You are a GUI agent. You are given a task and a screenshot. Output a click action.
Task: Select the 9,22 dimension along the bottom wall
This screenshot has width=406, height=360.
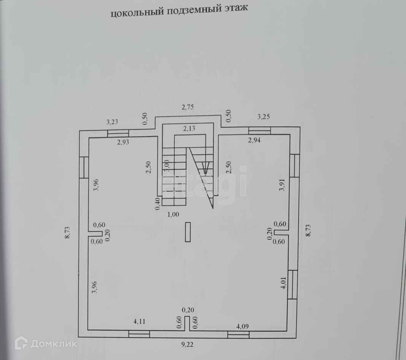pyautogui.click(x=187, y=345)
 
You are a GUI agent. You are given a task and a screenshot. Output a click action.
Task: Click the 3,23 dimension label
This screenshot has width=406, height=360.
pyautogui.click(x=112, y=122)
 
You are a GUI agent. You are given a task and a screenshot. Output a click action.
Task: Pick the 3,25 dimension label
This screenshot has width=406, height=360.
pyautogui.click(x=264, y=117)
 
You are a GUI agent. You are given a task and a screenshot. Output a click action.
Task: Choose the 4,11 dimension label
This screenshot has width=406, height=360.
pyautogui.click(x=140, y=322)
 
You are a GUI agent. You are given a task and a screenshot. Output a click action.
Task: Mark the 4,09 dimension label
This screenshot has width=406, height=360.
pyautogui.click(x=243, y=326)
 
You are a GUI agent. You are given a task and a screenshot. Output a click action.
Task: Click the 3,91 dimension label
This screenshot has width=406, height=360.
pyautogui.click(x=282, y=184)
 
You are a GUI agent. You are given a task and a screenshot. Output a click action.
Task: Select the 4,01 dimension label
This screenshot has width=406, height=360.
pyautogui.click(x=283, y=283)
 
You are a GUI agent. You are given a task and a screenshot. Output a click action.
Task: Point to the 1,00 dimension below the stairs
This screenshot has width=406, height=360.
pyautogui.click(x=173, y=214)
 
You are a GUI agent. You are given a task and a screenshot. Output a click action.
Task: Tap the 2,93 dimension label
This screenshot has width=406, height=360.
pyautogui.click(x=123, y=143)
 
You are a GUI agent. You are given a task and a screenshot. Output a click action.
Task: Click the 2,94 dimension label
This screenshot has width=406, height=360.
pyautogui.click(x=255, y=141)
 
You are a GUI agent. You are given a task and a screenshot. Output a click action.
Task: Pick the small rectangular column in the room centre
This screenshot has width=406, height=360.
pyautogui.click(x=188, y=232)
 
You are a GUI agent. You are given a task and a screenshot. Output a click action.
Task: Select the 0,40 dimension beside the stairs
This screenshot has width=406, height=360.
pyautogui.click(x=157, y=204)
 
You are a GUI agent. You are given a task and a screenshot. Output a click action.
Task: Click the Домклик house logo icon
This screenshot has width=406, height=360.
pyautogui.click(x=21, y=343)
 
